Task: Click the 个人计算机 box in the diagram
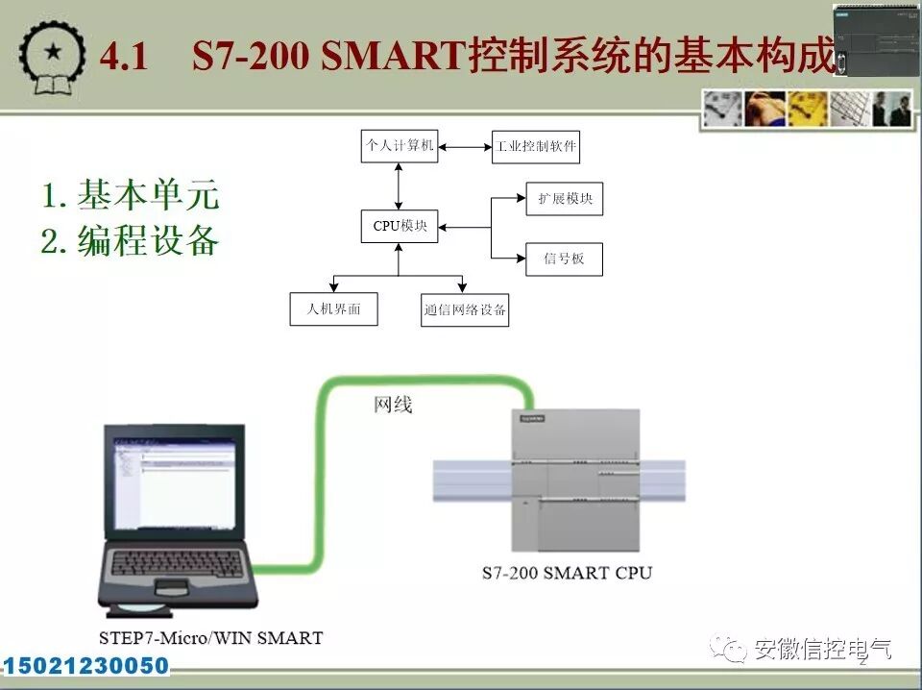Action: point(400,147)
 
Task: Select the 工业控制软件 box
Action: point(536,147)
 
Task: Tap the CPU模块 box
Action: point(400,227)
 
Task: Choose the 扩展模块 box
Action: point(565,199)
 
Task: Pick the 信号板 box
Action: point(565,259)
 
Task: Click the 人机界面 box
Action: point(333,309)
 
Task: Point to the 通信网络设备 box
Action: point(465,310)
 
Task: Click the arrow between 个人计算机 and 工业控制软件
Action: point(465,147)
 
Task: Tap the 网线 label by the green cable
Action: point(393,405)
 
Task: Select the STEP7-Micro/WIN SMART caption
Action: point(210,637)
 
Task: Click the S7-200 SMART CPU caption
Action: point(567,574)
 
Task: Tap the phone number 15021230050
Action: point(86,666)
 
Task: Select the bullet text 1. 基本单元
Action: point(131,195)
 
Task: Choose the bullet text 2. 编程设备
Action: point(131,241)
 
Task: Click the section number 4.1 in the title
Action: point(124,57)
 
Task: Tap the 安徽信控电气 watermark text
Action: point(822,650)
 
